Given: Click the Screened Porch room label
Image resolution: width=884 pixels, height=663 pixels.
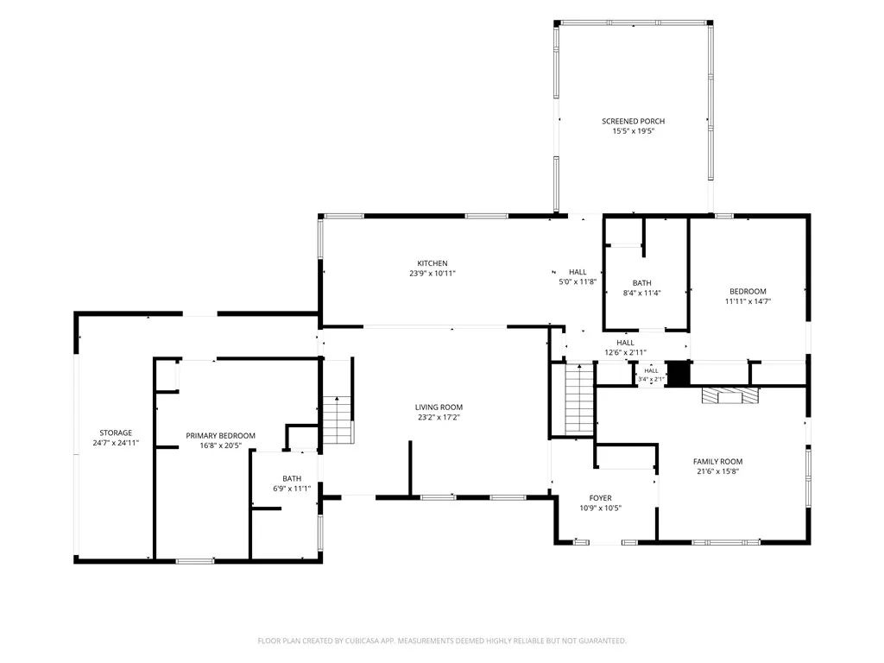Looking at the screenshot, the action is (x=633, y=121).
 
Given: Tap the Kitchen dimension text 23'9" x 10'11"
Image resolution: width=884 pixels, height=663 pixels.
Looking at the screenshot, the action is (x=433, y=274).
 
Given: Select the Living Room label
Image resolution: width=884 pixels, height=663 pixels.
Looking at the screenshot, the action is (x=439, y=407).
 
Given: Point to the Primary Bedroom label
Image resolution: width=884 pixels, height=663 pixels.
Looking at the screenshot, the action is (x=220, y=436).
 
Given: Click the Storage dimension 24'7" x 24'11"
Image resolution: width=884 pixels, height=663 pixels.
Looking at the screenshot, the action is (x=116, y=443).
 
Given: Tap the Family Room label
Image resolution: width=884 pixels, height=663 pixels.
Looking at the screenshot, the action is (x=717, y=461).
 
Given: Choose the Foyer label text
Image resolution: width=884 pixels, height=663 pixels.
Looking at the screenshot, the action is (x=601, y=498).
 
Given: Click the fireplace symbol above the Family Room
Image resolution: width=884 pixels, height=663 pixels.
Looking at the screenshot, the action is (x=730, y=395).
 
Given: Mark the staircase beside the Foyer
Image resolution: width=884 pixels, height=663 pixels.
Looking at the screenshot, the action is (x=579, y=400).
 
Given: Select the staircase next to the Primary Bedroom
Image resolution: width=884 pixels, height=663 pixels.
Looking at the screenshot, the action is (x=338, y=420).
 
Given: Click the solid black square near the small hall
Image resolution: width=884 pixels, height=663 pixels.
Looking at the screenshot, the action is (x=679, y=373).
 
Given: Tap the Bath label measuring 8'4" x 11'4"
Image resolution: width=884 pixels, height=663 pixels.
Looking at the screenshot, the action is (x=641, y=283).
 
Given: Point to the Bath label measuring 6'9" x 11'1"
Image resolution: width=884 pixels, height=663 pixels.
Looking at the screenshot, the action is (x=292, y=478).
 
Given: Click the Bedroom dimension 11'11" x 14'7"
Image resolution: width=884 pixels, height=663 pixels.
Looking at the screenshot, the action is (x=748, y=301).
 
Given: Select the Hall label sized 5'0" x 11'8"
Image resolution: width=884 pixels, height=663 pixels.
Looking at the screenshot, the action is (x=578, y=272).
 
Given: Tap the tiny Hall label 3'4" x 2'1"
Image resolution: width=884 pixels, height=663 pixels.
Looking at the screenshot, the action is (x=651, y=371).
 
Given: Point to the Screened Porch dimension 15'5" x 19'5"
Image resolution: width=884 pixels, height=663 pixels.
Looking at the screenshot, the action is (x=634, y=131).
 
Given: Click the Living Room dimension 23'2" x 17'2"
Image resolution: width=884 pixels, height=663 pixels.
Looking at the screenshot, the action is (x=439, y=418).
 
